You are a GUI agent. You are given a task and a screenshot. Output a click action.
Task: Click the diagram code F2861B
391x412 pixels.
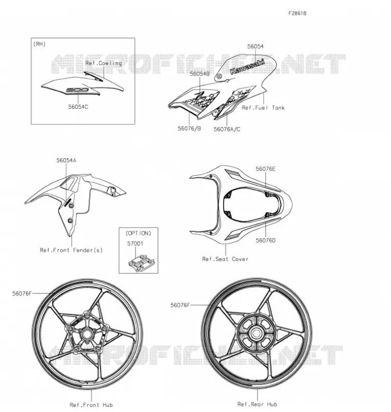297,13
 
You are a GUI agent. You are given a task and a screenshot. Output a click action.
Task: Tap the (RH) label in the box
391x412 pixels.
40,44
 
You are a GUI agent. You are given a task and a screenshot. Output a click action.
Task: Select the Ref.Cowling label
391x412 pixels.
104,63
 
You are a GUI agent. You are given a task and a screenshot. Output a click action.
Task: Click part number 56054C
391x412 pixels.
78,107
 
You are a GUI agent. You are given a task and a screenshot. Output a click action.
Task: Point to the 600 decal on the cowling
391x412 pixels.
77,90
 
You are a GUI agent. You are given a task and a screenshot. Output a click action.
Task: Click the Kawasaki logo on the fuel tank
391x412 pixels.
247,67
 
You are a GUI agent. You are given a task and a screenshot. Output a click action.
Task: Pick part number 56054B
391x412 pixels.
200,74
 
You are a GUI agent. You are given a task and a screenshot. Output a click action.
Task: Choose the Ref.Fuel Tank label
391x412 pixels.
263,108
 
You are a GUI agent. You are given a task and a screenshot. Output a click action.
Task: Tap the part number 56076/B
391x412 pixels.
189,128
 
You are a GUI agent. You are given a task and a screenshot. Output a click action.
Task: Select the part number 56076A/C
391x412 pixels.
227,129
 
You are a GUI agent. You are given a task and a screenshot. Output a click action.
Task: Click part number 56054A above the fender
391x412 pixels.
66,160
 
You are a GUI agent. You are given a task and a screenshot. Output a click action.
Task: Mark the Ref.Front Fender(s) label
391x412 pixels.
71,250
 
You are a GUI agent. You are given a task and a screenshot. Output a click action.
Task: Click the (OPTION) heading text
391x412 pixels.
139,233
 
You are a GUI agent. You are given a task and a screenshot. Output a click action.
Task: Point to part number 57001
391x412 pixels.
135,244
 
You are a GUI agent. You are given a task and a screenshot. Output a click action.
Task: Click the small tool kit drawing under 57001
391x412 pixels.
141,263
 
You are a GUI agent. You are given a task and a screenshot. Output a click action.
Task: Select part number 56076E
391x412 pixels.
265,169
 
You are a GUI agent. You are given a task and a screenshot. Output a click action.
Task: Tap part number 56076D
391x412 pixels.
265,241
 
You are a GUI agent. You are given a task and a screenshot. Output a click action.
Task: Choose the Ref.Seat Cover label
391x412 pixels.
225,259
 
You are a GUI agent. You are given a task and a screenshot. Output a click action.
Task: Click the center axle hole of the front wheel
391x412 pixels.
86,334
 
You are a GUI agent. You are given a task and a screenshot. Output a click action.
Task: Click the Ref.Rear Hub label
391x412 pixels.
257,404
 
